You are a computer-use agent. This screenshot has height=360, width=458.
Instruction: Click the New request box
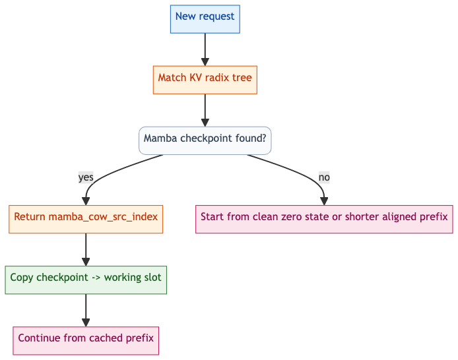pyautogui.click(x=205, y=19)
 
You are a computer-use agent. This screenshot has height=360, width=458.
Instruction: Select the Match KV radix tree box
pyautogui.click(x=205, y=80)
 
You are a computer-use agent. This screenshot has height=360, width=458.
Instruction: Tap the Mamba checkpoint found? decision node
pyautogui.click(x=205, y=140)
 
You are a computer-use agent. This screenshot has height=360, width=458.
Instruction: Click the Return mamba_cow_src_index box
pyautogui.click(x=86, y=219)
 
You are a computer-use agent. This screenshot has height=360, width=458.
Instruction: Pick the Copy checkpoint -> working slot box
pyautogui.click(x=86, y=280)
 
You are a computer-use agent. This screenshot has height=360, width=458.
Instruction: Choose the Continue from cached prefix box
pyautogui.click(x=86, y=341)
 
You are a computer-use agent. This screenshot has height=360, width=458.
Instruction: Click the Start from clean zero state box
pyautogui.click(x=324, y=219)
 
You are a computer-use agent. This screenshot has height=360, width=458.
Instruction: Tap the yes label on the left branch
pyautogui.click(x=86, y=177)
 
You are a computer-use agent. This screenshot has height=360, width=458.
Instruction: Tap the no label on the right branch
pyautogui.click(x=324, y=177)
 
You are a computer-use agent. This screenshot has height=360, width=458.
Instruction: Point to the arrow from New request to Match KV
pyautogui.click(x=205, y=49)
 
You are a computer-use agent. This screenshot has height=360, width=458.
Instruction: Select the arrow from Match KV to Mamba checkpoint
pyautogui.click(x=205, y=110)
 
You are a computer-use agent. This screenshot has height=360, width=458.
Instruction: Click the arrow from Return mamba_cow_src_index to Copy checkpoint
pyautogui.click(x=86, y=249)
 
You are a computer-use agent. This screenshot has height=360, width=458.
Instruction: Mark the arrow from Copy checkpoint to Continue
pyautogui.click(x=86, y=310)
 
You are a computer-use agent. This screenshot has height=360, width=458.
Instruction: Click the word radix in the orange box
pyautogui.click(x=217, y=78)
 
